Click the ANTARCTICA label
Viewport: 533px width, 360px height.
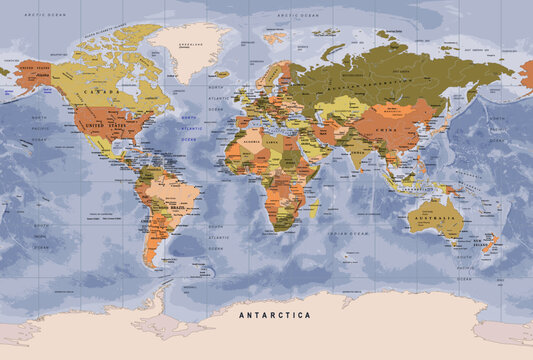coord(274,315)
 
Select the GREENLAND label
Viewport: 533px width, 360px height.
coord(189,46)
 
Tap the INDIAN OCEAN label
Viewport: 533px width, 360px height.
coord(352,232)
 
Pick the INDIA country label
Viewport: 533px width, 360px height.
coord(356,152)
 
